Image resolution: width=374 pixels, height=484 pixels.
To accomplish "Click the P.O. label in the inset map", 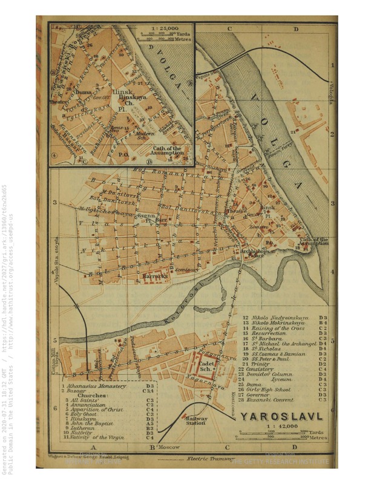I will (123, 154).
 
